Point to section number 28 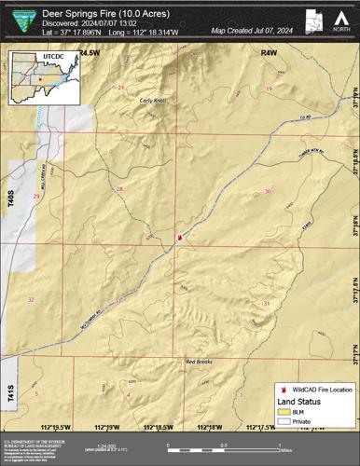coord(119,189)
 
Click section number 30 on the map coord(268,191)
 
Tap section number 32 coord(31,299)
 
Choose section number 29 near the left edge coord(35,197)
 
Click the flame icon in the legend coord(284,388)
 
